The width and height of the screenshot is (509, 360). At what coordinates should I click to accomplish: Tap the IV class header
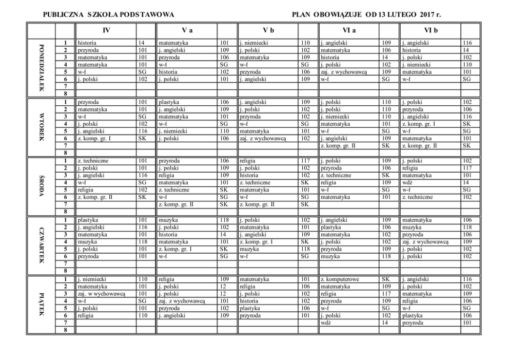point(106,30)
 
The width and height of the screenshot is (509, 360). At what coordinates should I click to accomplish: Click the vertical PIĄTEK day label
point(42,305)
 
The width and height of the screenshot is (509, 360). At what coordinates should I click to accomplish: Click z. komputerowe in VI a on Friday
point(339,279)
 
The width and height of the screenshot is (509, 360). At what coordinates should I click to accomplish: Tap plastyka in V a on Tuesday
point(169,102)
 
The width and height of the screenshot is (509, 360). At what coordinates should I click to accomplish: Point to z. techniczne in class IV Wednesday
point(92,161)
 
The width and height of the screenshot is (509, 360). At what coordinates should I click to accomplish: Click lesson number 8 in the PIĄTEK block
point(65,330)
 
